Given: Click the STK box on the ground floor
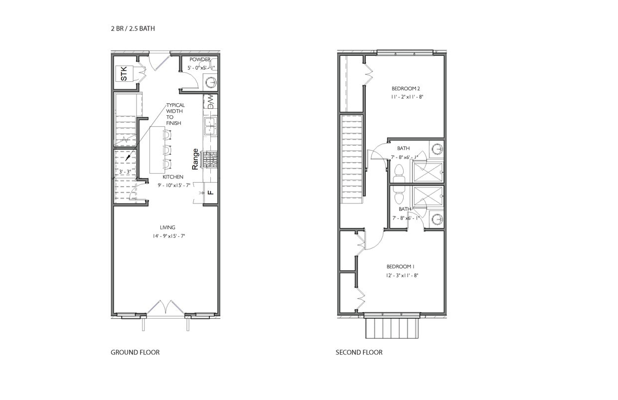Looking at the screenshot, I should point(124,75).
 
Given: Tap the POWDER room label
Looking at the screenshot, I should point(199,59).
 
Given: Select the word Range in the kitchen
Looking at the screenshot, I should point(195,159).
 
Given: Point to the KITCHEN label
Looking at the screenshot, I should point(173,177).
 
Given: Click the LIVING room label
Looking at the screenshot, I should point(167,227).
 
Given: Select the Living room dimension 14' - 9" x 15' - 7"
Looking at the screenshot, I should point(169,236).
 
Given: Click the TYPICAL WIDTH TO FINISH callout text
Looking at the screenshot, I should point(175,114).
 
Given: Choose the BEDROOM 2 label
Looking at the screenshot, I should point(402,89).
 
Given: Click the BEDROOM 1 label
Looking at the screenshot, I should point(397,267).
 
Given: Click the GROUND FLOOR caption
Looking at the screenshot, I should point(135,353).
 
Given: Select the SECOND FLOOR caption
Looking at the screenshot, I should point(359,353).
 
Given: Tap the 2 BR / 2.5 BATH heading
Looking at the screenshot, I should point(133,28).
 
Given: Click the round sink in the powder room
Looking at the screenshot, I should point(211,82).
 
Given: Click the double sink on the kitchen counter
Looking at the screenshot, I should point(210,126).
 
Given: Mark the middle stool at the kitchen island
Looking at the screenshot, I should point(167,149).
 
